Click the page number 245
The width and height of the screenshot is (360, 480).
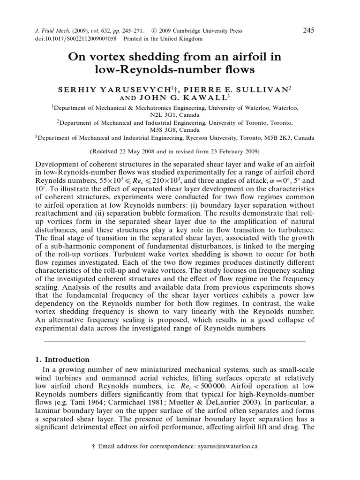tap(308, 30)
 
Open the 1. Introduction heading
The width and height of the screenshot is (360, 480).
tap(63, 360)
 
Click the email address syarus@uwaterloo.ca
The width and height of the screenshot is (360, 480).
tap(229, 447)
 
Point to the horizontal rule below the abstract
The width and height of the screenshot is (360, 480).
tap(174, 341)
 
